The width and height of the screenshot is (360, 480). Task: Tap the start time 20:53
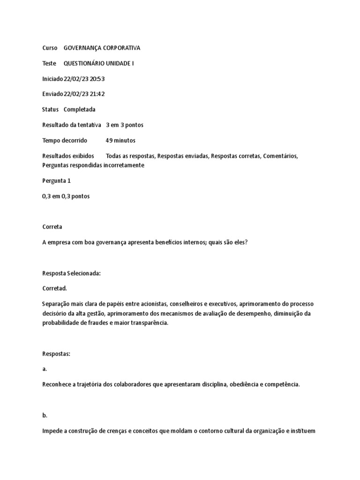tap(98, 79)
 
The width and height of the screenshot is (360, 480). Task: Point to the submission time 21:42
tap(98, 94)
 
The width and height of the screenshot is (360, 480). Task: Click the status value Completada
tap(79, 109)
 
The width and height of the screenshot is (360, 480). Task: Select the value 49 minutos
tap(120, 140)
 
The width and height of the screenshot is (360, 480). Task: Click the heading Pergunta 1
tap(56, 180)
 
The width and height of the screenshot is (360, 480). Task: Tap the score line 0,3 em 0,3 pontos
tap(66, 196)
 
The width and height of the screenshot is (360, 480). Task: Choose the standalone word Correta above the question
tap(52, 226)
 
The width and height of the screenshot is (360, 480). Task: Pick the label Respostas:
tap(56, 353)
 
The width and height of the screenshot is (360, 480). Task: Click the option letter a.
tap(45, 369)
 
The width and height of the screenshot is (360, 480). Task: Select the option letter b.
tap(45, 415)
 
